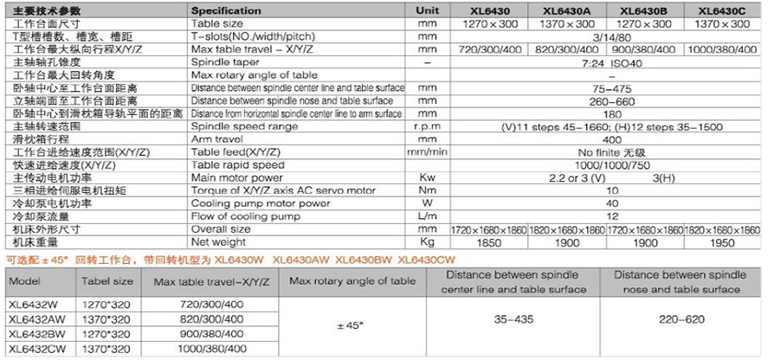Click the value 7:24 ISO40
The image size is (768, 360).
608,64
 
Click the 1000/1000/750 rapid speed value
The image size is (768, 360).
608,164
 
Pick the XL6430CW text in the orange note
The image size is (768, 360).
425,260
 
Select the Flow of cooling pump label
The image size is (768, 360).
238,215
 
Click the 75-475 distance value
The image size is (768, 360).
608,88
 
